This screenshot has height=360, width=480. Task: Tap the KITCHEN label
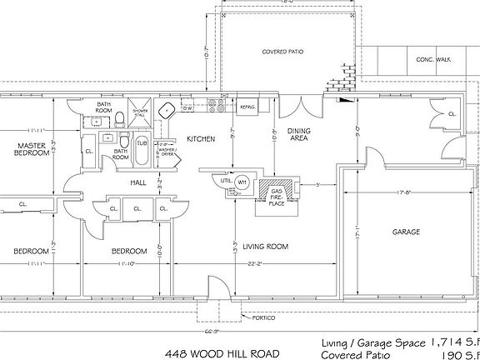pyautogui.click(x=201, y=138)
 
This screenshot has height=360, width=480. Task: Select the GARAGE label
pyautogui.click(x=406, y=232)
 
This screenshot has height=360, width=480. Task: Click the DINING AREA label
pyautogui.click(x=298, y=134)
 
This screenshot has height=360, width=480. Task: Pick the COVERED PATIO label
pyautogui.click(x=282, y=52)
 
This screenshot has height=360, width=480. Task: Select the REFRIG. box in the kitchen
pyautogui.click(x=247, y=107)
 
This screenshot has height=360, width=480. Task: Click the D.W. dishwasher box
pyautogui.click(x=187, y=107)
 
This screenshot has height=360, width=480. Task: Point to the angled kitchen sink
pyautogui.click(x=167, y=110)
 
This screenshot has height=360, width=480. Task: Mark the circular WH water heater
pyautogui.click(x=242, y=182)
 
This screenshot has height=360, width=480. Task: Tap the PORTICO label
pyautogui.click(x=258, y=317)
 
